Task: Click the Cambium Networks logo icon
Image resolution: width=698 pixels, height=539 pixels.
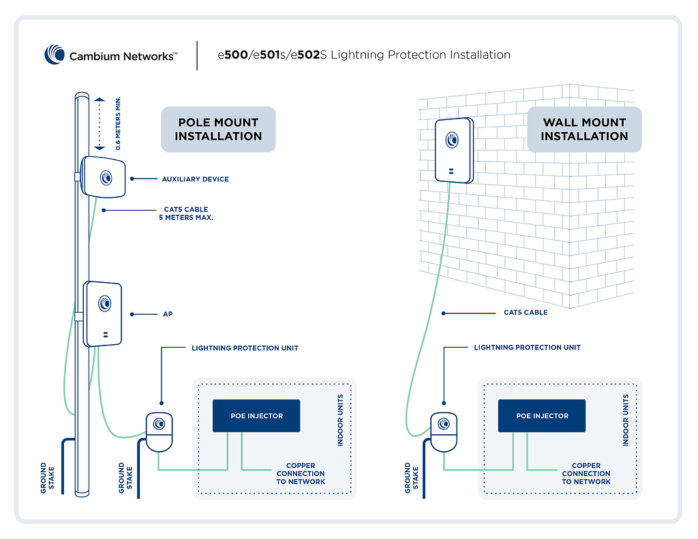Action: tap(55, 55)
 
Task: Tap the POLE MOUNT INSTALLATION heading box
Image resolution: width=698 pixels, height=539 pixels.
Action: tap(218, 129)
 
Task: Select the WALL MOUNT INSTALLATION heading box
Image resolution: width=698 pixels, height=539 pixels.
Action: tap(584, 129)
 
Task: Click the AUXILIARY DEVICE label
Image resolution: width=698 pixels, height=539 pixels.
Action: tap(195, 179)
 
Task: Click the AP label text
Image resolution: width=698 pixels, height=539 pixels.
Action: tap(167, 314)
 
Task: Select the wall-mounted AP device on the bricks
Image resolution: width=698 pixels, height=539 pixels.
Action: tap(453, 150)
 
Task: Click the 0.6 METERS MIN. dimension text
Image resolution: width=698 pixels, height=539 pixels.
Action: tap(119, 123)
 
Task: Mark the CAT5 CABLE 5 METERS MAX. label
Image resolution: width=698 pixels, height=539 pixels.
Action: tap(186, 214)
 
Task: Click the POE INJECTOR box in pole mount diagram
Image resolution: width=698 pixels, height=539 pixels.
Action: tap(256, 416)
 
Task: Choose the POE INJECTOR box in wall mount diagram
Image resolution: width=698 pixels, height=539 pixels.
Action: tap(542, 416)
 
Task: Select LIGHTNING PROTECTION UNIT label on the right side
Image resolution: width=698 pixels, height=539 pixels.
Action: tap(528, 348)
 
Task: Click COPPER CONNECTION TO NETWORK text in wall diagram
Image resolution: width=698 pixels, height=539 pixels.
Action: tap(586, 474)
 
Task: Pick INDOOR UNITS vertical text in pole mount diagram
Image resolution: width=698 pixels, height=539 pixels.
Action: tap(341, 420)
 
